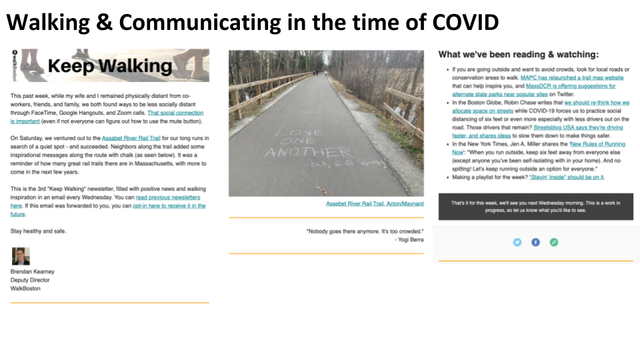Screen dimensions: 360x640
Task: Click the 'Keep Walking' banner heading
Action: click(x=110, y=66)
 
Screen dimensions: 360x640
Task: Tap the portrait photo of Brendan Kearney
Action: click(x=21, y=256)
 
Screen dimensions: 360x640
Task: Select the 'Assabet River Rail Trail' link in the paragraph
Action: click(x=131, y=138)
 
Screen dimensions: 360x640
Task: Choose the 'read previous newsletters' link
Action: click(x=167, y=198)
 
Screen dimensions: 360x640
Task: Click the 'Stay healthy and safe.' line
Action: click(x=39, y=231)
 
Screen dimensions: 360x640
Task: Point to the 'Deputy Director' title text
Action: click(x=30, y=280)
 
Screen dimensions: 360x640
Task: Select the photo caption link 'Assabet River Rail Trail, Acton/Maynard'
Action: click(x=374, y=203)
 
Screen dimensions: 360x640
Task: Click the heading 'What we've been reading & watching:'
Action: click(x=518, y=55)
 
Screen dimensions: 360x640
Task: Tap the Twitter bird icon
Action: click(x=517, y=242)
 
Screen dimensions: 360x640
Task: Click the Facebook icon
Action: click(x=535, y=242)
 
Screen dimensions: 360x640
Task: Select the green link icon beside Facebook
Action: click(x=554, y=242)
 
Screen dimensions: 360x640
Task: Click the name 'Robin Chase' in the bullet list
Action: click(x=524, y=103)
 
